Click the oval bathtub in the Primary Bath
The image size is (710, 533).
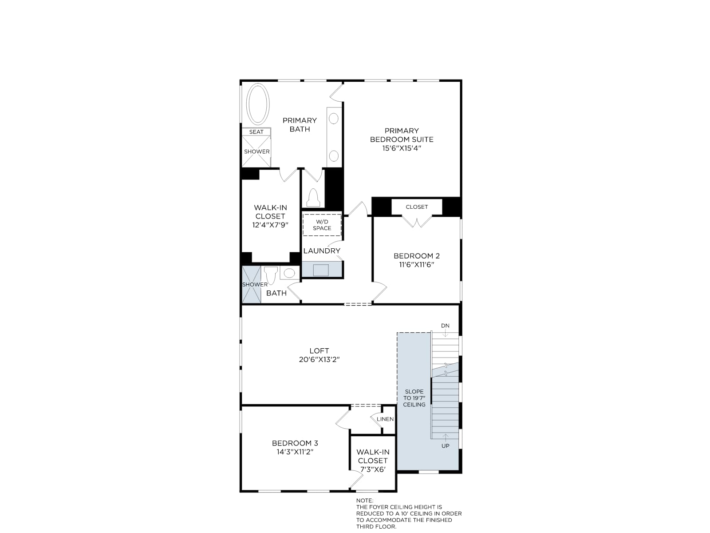click(x=257, y=104)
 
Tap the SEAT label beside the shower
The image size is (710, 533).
click(x=256, y=132)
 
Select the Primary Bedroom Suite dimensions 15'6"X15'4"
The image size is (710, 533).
click(x=402, y=148)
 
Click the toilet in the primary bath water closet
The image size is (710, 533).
click(x=313, y=198)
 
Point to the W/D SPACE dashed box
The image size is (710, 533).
click(x=322, y=225)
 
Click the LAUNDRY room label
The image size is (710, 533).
click(x=322, y=251)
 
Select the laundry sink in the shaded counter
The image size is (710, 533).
click(x=320, y=270)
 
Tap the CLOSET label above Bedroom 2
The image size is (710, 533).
click(x=417, y=207)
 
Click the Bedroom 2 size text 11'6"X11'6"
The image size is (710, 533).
click(x=417, y=264)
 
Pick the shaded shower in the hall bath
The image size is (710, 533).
click(x=251, y=285)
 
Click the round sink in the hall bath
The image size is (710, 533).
click(x=289, y=273)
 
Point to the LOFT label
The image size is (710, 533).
click(x=319, y=350)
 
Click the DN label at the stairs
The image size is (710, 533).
click(x=445, y=326)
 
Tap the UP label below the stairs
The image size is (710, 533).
click(x=446, y=445)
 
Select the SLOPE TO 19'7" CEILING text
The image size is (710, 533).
click(x=414, y=398)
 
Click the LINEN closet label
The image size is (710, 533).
click(x=385, y=419)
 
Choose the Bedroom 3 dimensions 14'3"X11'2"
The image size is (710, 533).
click(x=295, y=452)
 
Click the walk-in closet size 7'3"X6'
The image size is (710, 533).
click(x=373, y=469)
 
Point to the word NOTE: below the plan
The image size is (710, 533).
click(x=365, y=500)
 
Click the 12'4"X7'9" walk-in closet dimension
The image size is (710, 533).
click(x=270, y=225)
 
